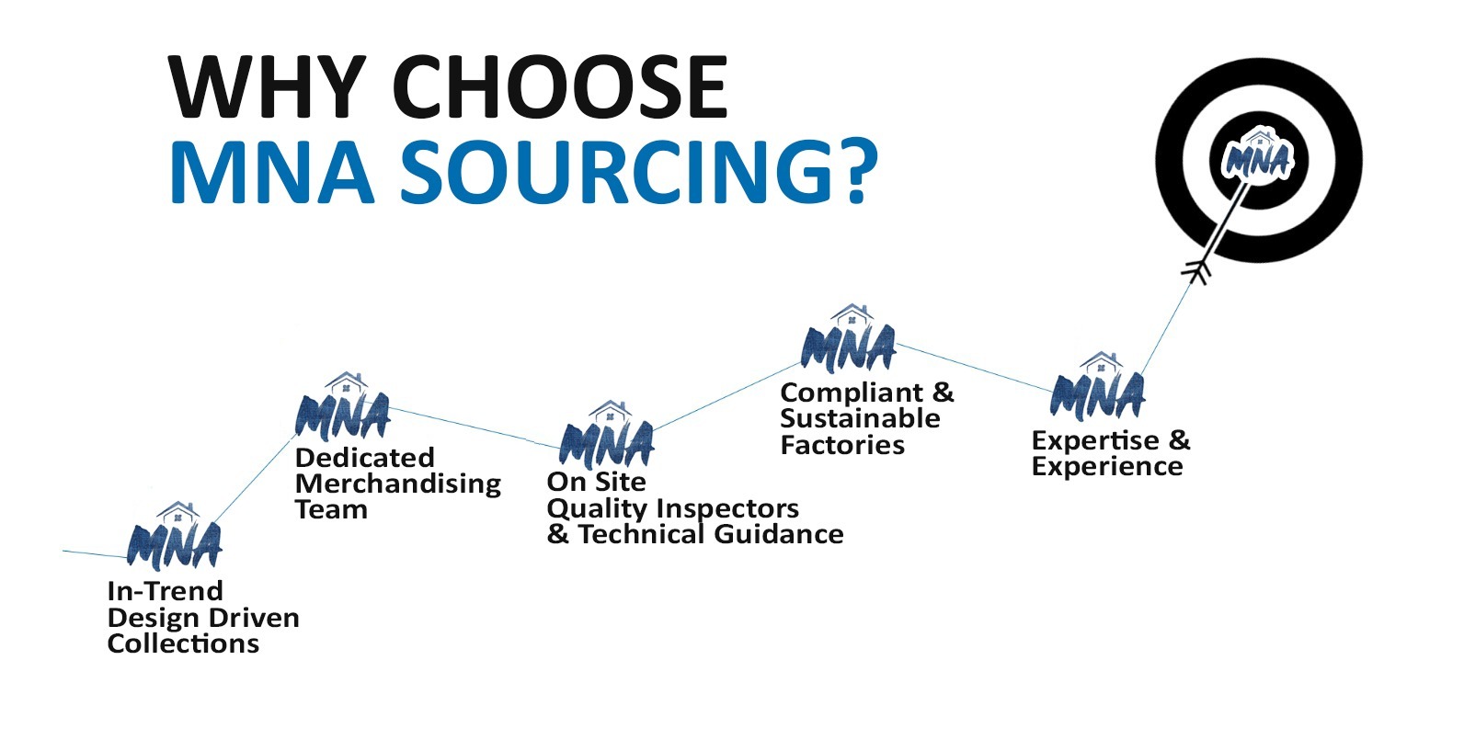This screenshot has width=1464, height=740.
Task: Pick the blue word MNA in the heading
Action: point(272,172)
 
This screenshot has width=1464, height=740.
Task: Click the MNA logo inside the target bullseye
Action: point(1257,157)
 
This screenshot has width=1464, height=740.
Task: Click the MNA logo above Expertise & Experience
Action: point(1098,391)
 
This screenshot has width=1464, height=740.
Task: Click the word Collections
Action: point(183,643)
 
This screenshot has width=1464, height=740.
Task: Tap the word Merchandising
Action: point(398,484)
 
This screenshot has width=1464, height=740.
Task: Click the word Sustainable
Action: point(860,419)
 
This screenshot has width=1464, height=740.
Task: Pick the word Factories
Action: point(842,446)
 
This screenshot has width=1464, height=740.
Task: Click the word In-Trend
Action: point(165,591)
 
